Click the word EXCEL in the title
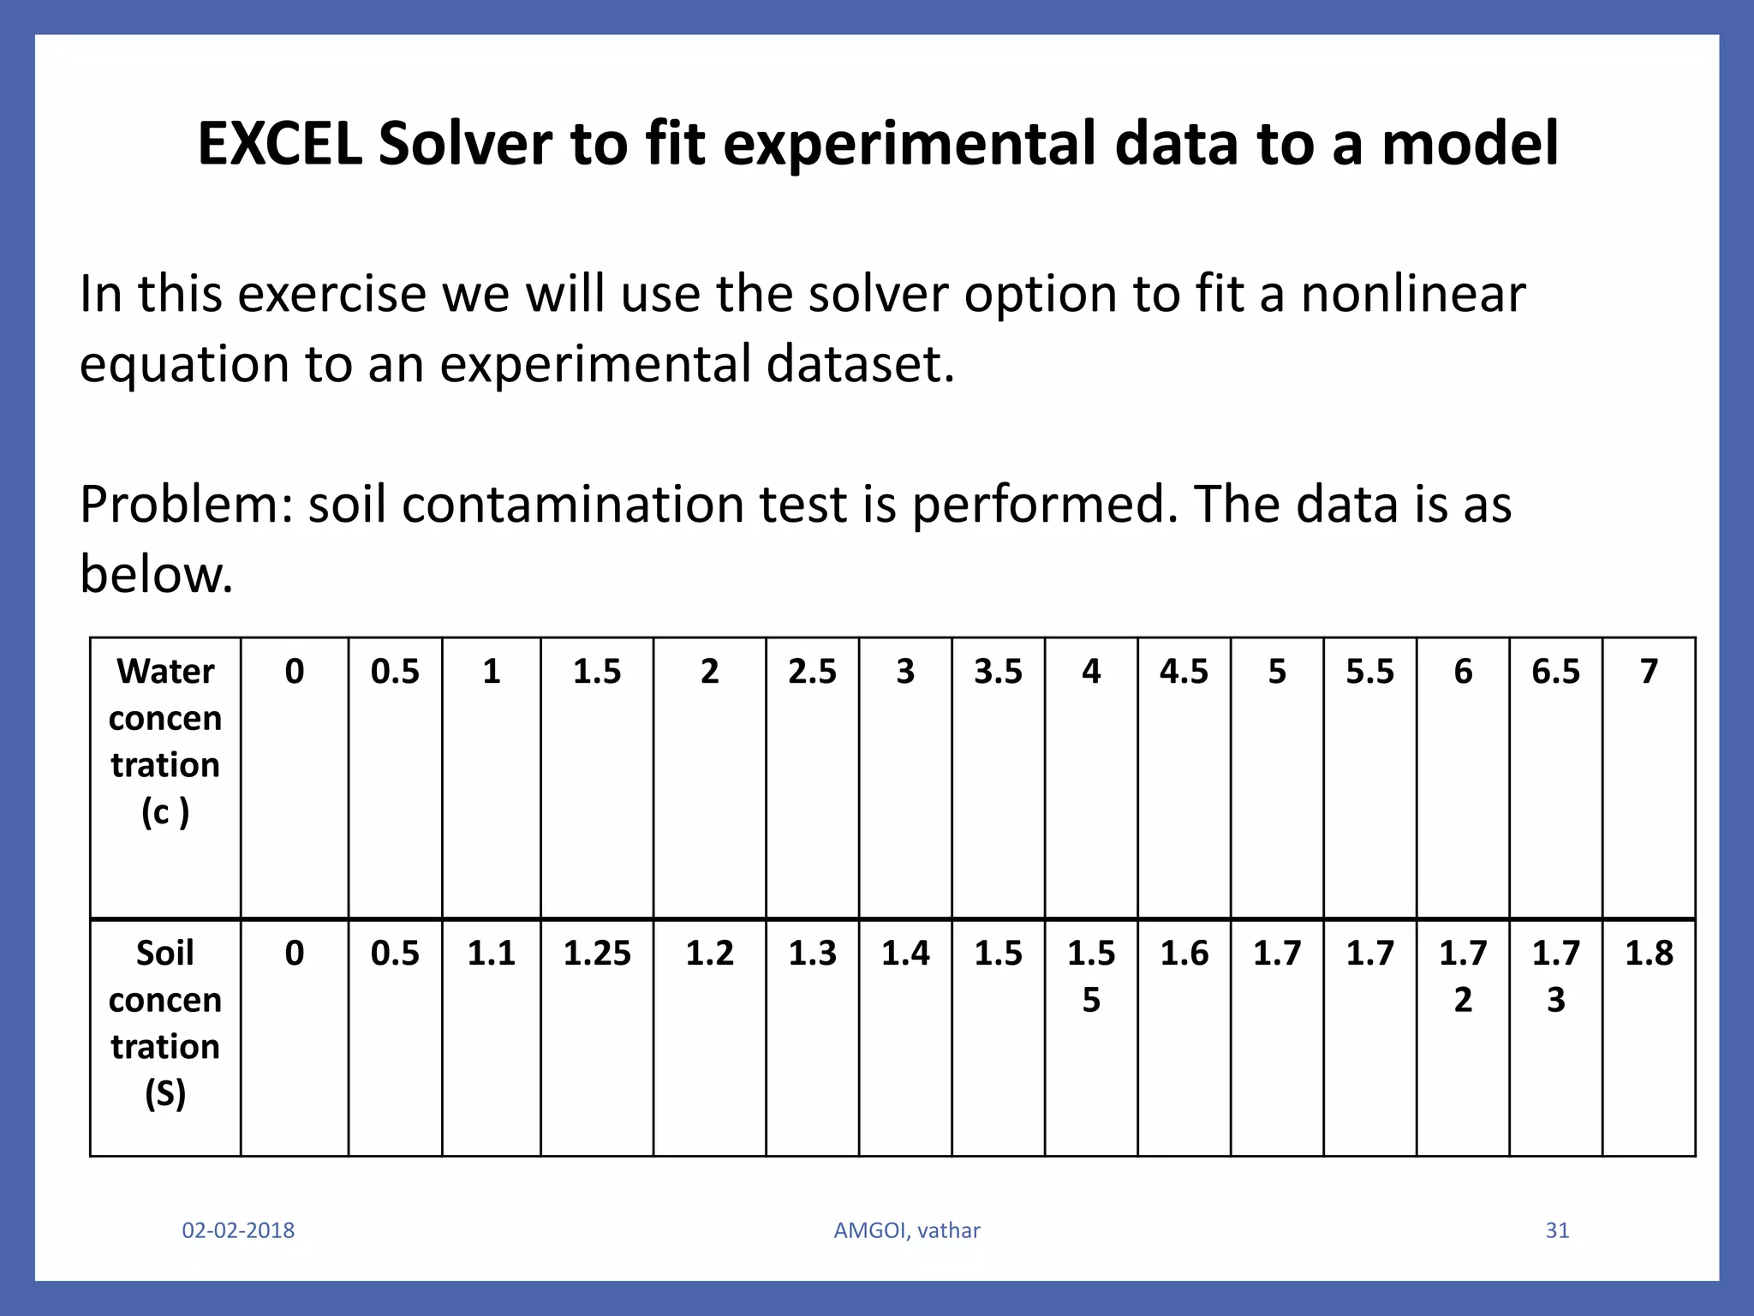(280, 143)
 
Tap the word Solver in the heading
(466, 143)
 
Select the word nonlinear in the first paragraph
(1413, 294)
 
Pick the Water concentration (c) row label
(165, 741)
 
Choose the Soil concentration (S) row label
(165, 1023)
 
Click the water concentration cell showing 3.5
(998, 672)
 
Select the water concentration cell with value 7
(1649, 672)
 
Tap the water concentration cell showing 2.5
(812, 672)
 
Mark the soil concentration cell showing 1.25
(597, 953)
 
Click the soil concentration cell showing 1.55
(1091, 975)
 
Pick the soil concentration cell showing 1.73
(1555, 975)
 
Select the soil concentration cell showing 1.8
(1649, 953)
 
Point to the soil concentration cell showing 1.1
(491, 953)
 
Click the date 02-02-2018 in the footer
(238, 1230)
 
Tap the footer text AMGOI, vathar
(907, 1230)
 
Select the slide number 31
(1557, 1230)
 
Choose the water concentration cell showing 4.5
(1184, 672)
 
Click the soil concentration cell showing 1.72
(1463, 975)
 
